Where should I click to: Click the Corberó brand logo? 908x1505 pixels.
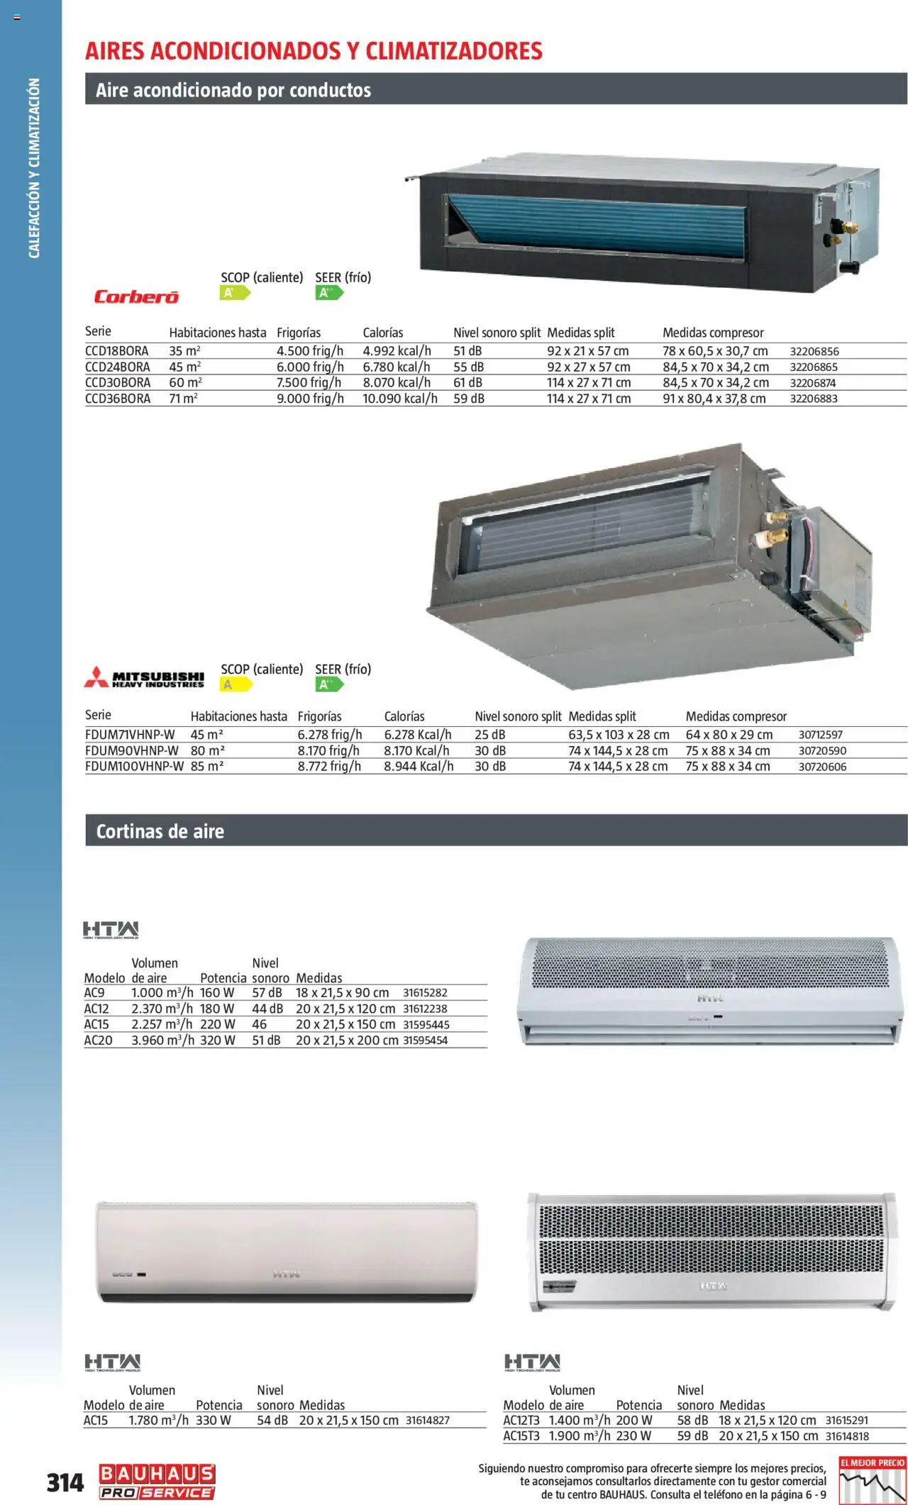(x=136, y=296)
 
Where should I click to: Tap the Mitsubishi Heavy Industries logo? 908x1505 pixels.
(x=145, y=678)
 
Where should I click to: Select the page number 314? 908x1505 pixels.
(x=65, y=1482)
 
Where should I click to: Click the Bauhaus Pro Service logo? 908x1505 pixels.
(x=157, y=1482)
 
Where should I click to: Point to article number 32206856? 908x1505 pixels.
(x=814, y=351)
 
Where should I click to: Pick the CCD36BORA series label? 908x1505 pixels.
(x=118, y=399)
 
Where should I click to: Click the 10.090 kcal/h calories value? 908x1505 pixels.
(x=399, y=399)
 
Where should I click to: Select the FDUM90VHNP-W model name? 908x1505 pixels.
(x=132, y=750)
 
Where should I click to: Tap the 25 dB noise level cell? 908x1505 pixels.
(x=489, y=735)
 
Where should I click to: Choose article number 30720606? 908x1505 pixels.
(x=822, y=767)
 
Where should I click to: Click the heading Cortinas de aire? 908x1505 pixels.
(x=160, y=831)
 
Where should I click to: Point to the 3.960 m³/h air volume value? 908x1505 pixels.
(x=162, y=1040)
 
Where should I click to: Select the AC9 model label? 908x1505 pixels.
(x=94, y=993)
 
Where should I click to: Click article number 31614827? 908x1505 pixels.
(x=427, y=1421)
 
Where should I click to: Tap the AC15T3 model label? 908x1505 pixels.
(x=521, y=1436)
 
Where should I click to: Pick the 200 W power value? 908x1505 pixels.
(x=633, y=1421)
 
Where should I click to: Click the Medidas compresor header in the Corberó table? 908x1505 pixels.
(x=713, y=333)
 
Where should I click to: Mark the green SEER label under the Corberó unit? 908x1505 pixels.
(x=328, y=293)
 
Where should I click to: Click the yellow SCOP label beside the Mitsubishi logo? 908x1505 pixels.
(x=236, y=685)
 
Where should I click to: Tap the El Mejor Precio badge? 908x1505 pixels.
(x=872, y=1480)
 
